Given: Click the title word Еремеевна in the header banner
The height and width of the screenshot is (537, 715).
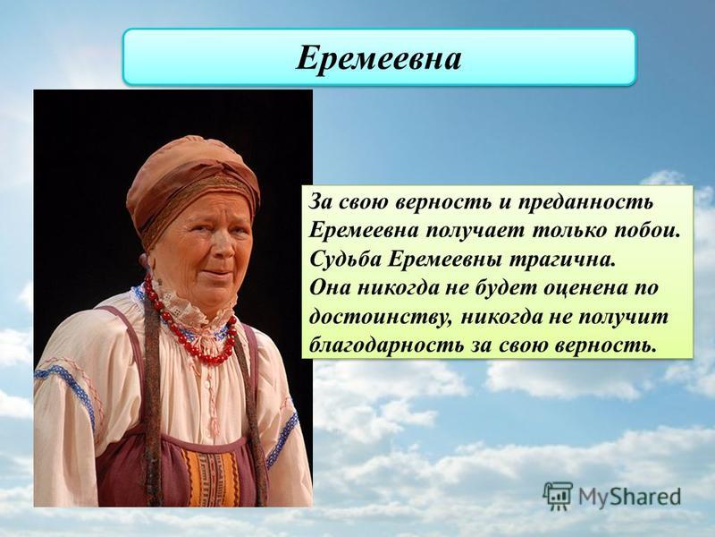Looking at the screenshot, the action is [x=378, y=59].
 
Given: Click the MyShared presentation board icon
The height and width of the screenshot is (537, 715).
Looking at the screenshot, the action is [x=558, y=496].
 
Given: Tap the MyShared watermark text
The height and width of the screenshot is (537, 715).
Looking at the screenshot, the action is [x=629, y=497].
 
